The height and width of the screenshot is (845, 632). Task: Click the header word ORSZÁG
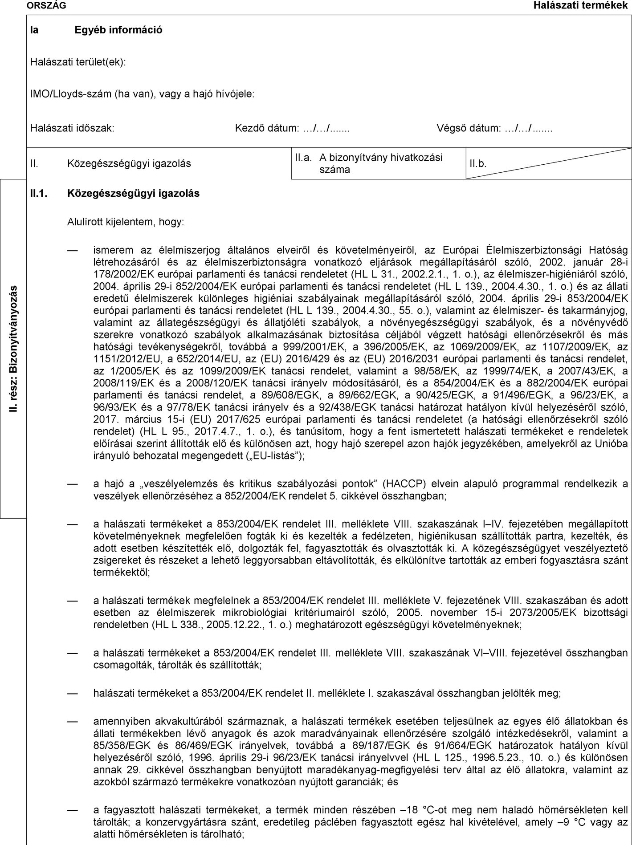40,5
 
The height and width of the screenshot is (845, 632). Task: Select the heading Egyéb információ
118,30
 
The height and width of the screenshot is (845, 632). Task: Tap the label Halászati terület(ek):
78,62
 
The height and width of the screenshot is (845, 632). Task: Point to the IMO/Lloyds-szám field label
142,94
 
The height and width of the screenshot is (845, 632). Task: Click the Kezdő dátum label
292,129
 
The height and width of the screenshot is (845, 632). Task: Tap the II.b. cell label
478,164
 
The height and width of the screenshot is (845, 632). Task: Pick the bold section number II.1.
39,194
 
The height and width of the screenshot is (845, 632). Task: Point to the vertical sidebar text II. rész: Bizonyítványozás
14,349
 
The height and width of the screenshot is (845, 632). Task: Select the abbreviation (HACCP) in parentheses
403,484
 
